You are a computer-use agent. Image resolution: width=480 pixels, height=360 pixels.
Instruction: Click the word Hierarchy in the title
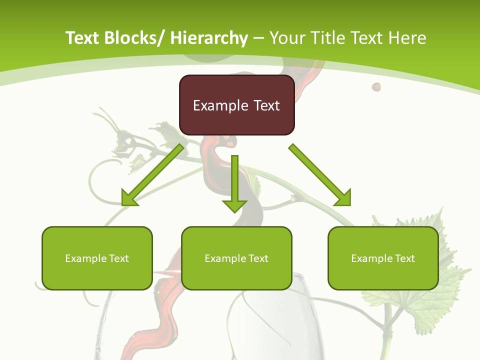click(209, 38)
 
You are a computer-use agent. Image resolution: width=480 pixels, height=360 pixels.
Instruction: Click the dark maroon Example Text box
click(236, 105)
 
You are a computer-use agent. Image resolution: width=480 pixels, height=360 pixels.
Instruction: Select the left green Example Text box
click(97, 258)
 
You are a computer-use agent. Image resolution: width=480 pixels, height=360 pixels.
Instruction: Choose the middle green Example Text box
click(236, 258)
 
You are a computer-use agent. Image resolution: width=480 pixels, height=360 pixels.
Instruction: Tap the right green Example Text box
click(383, 258)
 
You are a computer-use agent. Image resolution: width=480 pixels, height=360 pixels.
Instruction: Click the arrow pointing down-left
click(152, 175)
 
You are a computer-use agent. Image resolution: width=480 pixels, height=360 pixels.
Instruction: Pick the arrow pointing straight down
click(235, 182)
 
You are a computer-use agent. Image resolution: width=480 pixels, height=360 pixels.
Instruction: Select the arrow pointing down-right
click(320, 174)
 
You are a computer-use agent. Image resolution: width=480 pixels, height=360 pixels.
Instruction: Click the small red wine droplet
click(376, 87)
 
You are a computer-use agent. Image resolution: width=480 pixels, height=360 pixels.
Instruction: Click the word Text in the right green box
click(404, 258)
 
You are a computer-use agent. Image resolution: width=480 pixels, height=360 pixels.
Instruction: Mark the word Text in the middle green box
click(258, 258)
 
